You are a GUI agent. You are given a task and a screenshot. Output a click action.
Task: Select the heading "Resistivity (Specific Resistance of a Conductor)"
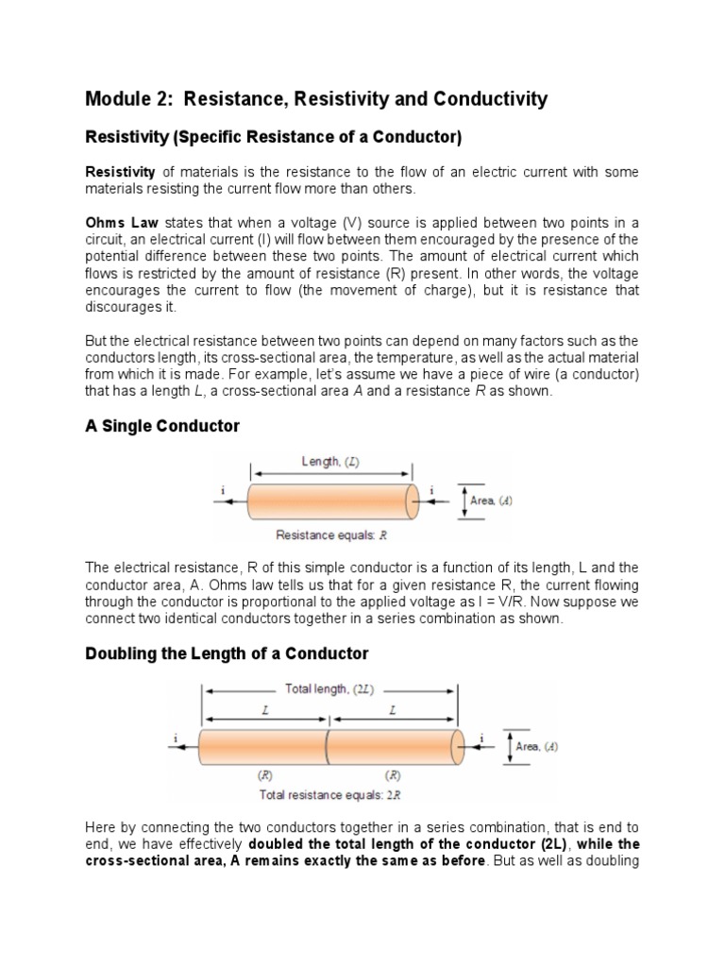click(x=274, y=138)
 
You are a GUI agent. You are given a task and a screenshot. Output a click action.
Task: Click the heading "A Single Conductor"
click(x=162, y=426)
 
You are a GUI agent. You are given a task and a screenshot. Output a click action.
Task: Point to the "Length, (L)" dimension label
click(x=330, y=462)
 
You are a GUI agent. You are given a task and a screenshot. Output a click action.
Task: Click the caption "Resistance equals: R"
click(x=331, y=534)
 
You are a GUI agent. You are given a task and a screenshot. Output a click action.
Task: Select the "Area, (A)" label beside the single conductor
click(x=491, y=500)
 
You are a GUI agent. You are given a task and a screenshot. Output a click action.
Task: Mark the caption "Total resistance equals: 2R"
click(x=330, y=794)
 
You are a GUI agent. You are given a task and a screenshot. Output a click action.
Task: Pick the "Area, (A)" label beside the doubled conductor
click(x=536, y=746)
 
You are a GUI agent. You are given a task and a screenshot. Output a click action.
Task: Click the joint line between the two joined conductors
click(x=327, y=746)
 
